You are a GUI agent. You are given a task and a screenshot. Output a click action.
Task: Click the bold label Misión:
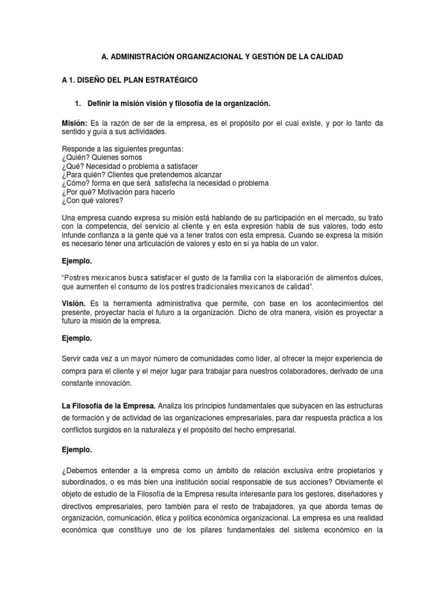[75, 123]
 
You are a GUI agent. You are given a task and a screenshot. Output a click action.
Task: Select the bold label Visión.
[74, 303]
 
